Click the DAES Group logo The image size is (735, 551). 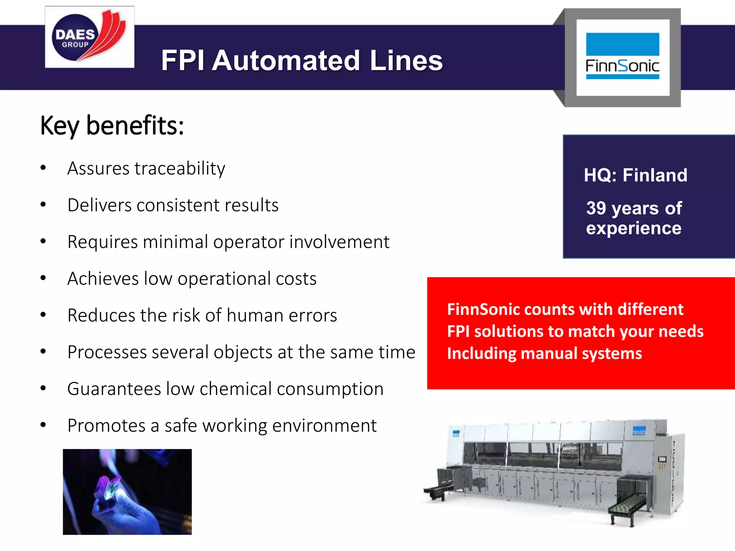89,37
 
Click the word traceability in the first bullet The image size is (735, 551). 179,169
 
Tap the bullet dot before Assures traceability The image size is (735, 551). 43,168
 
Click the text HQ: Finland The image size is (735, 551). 635,175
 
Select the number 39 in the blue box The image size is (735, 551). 596,208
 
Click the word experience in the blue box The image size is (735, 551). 633,228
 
